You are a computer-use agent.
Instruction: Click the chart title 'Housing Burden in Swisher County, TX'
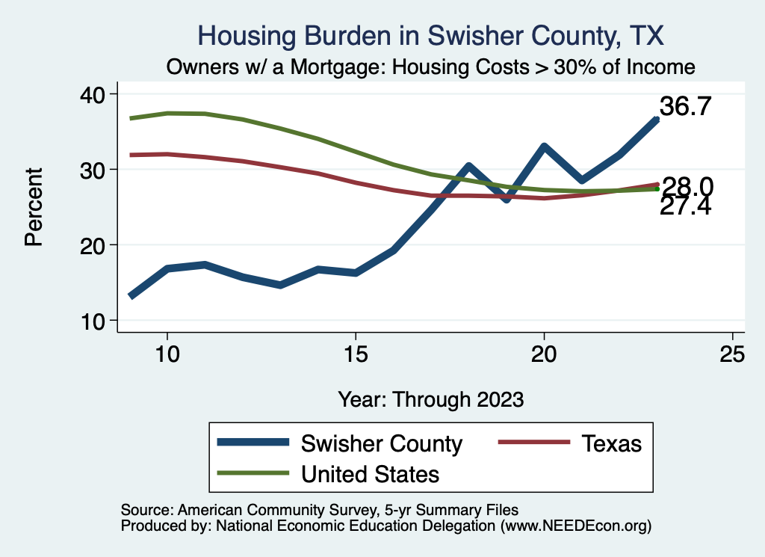pyautogui.click(x=430, y=35)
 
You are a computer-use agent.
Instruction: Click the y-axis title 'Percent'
pyautogui.click(x=33, y=207)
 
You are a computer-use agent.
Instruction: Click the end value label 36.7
pyautogui.click(x=684, y=107)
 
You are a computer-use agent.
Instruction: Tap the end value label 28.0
pyautogui.click(x=687, y=187)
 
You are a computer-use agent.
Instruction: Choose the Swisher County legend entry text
pyautogui.click(x=381, y=443)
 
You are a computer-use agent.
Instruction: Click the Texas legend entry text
pyautogui.click(x=611, y=443)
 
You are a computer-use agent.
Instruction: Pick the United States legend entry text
pyautogui.click(x=370, y=474)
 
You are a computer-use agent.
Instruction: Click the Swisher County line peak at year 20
pyautogui.click(x=544, y=147)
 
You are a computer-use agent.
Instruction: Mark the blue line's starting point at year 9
pyautogui.click(x=131, y=296)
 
